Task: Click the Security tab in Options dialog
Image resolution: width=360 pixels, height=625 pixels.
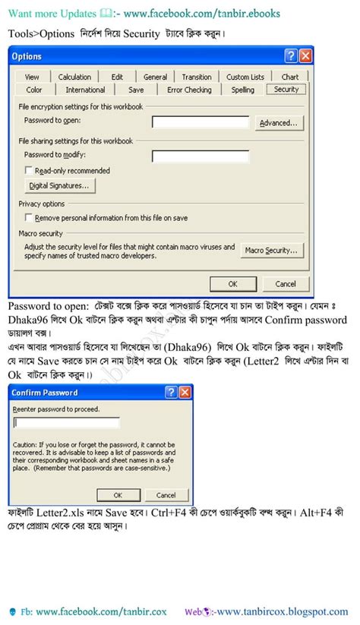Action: coord(286,90)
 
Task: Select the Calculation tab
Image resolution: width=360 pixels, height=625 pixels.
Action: coord(74,77)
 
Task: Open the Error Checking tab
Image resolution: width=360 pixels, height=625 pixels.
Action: coord(189,90)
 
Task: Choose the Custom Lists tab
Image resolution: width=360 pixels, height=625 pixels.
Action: coord(245,77)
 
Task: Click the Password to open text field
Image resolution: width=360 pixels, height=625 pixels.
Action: coord(201,122)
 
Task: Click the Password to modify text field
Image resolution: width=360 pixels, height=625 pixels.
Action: coord(201,157)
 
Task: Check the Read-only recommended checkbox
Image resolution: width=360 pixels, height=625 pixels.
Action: coord(29,171)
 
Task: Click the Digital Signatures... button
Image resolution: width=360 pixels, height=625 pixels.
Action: coord(59,185)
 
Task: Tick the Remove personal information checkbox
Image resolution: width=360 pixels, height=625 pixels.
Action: coord(29,218)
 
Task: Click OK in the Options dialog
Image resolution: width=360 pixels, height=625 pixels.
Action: coord(233,283)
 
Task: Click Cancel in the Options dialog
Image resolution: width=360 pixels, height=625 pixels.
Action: coord(286,283)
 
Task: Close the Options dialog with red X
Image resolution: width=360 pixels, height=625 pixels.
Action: coord(305,56)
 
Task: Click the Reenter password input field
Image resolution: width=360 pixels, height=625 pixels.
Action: coord(67,422)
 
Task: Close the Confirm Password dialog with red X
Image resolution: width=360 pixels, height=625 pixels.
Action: coord(185,393)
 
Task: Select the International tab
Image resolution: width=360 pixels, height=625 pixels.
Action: coord(85,90)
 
